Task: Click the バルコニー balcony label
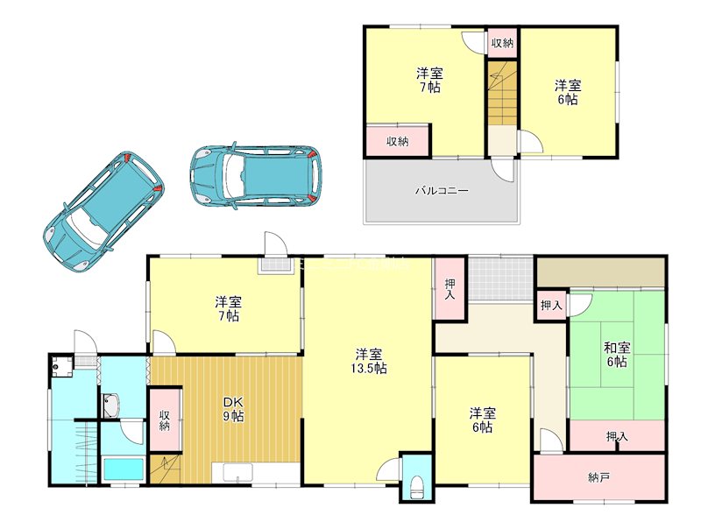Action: (442, 191)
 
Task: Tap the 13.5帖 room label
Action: (368, 362)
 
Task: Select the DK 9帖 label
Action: (233, 409)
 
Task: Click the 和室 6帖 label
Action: (617, 355)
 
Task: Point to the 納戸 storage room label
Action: (598, 478)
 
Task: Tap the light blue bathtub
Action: (124, 469)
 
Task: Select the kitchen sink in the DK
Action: (238, 473)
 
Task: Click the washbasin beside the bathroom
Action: (111, 406)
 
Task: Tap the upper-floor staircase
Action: (501, 94)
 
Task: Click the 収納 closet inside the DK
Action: (165, 420)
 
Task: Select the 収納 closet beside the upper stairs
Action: (502, 43)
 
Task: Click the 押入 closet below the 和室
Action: (617, 435)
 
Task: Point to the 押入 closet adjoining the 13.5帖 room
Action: (450, 289)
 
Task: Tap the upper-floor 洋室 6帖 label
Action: (568, 92)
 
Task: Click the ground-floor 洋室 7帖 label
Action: (229, 309)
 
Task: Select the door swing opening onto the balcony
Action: (503, 170)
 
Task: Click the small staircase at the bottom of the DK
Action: (165, 469)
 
